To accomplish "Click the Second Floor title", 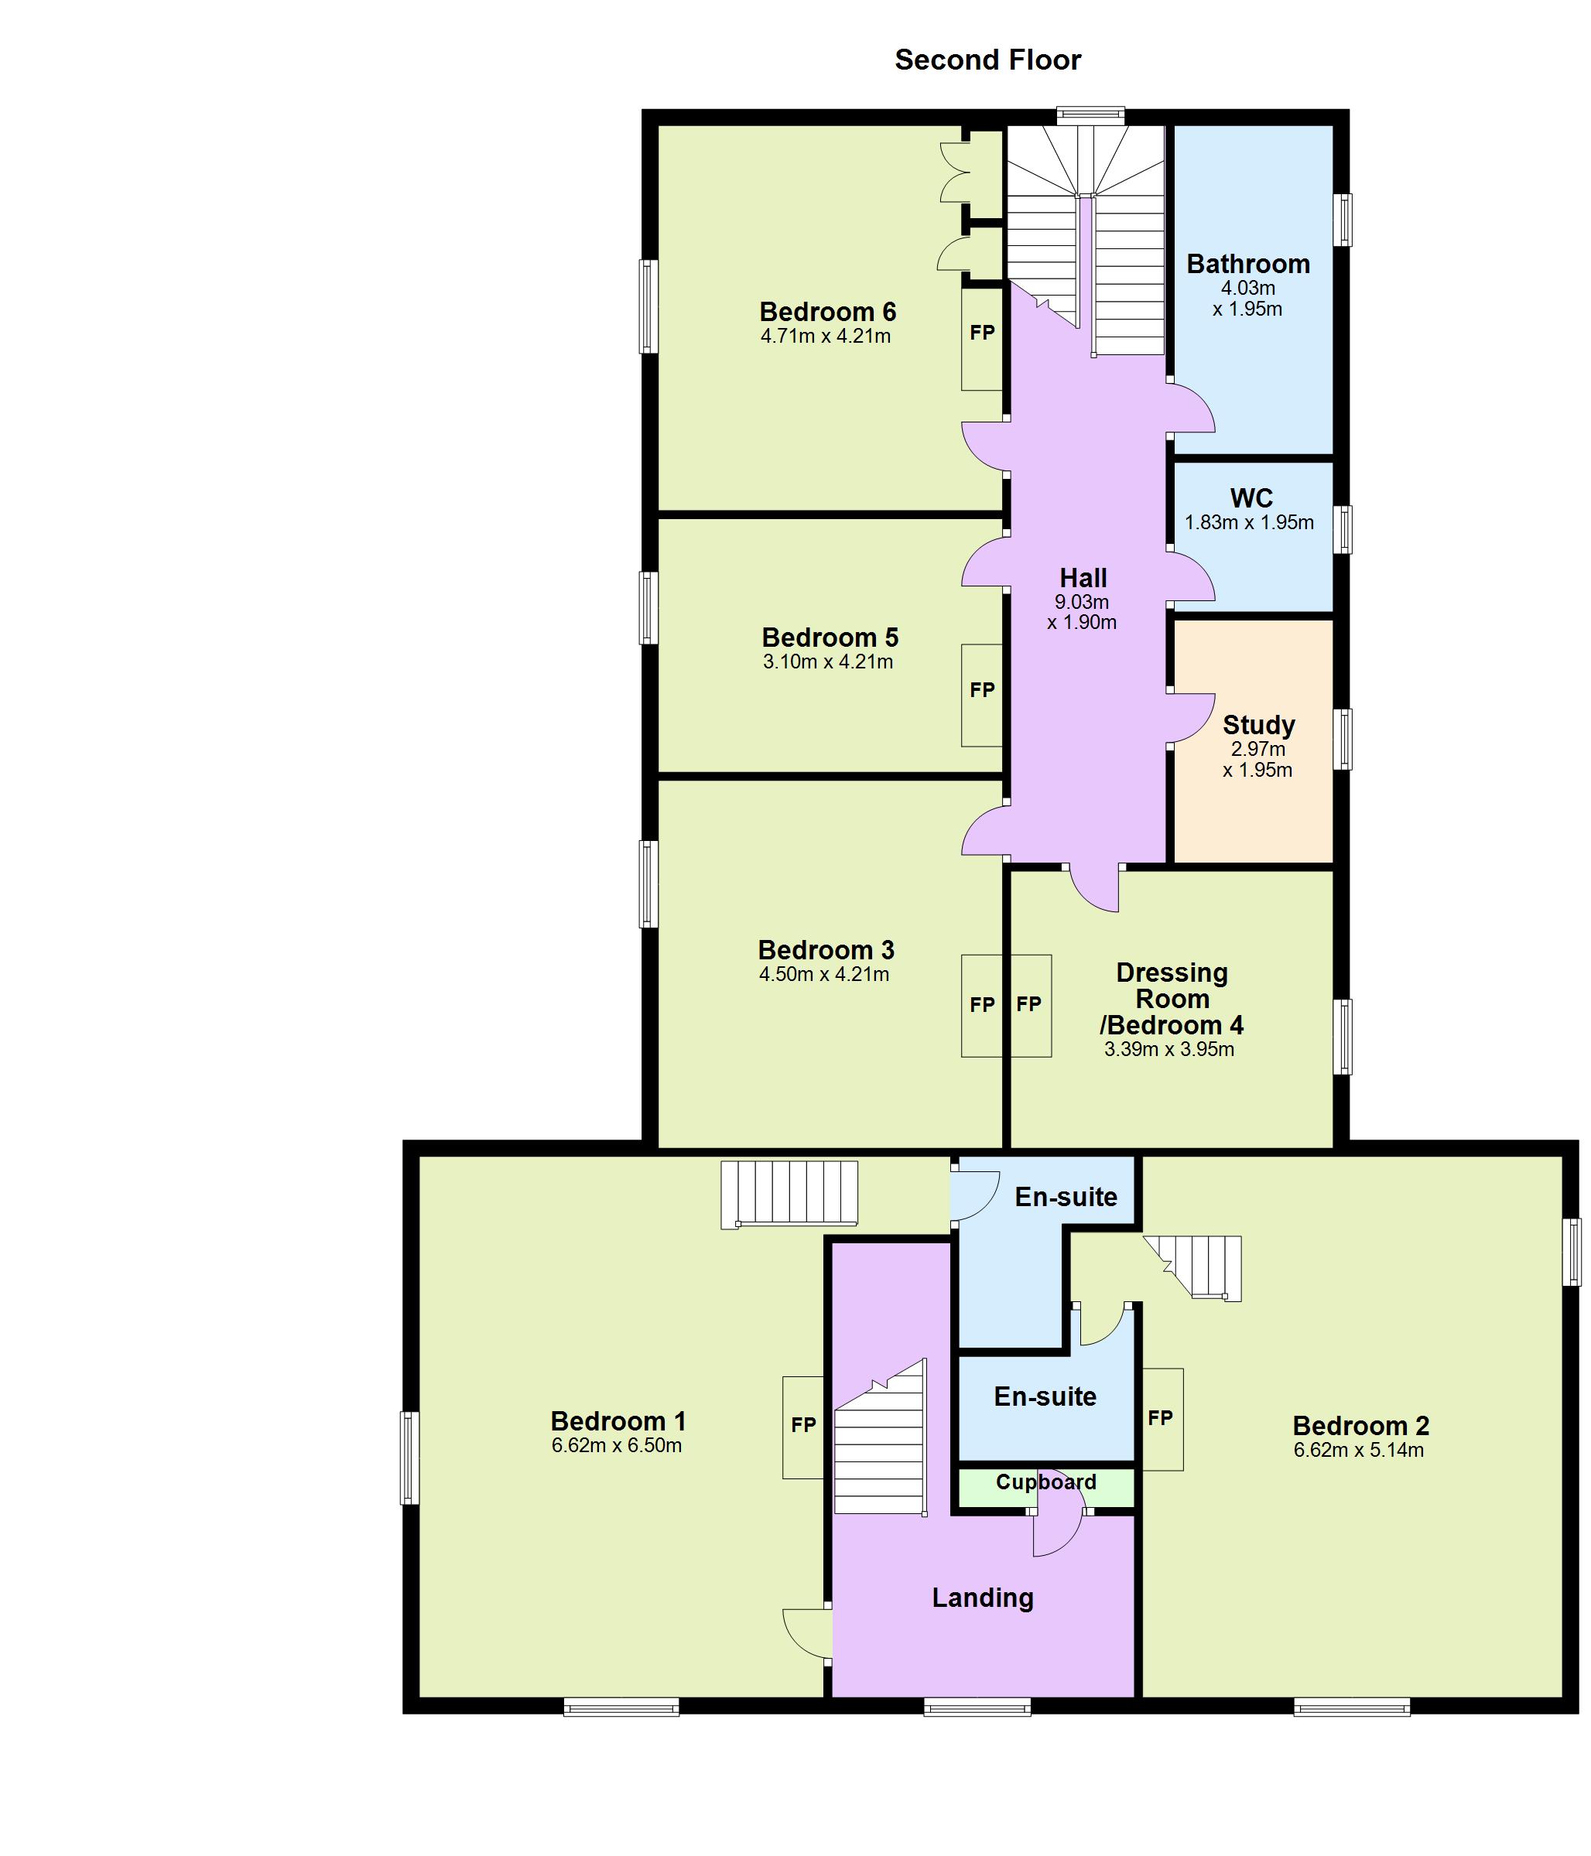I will click(x=987, y=60).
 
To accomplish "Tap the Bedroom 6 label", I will click(x=827, y=312).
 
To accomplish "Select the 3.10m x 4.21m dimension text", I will click(x=827, y=662).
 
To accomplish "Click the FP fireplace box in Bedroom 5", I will click(x=982, y=695).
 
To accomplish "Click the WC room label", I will click(x=1251, y=498).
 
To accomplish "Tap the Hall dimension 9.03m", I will click(x=1081, y=602).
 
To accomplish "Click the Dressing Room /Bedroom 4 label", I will click(x=1171, y=999).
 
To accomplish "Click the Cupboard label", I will click(x=1045, y=1482).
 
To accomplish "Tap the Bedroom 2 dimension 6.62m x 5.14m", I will click(x=1357, y=1451).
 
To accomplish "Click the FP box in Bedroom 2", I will click(x=1161, y=1419).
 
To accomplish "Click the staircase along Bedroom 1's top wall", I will click(x=789, y=1193).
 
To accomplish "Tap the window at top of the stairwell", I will click(x=1090, y=115).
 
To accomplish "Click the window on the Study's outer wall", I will click(x=1341, y=739).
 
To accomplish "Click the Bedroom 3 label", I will click(x=825, y=949).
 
